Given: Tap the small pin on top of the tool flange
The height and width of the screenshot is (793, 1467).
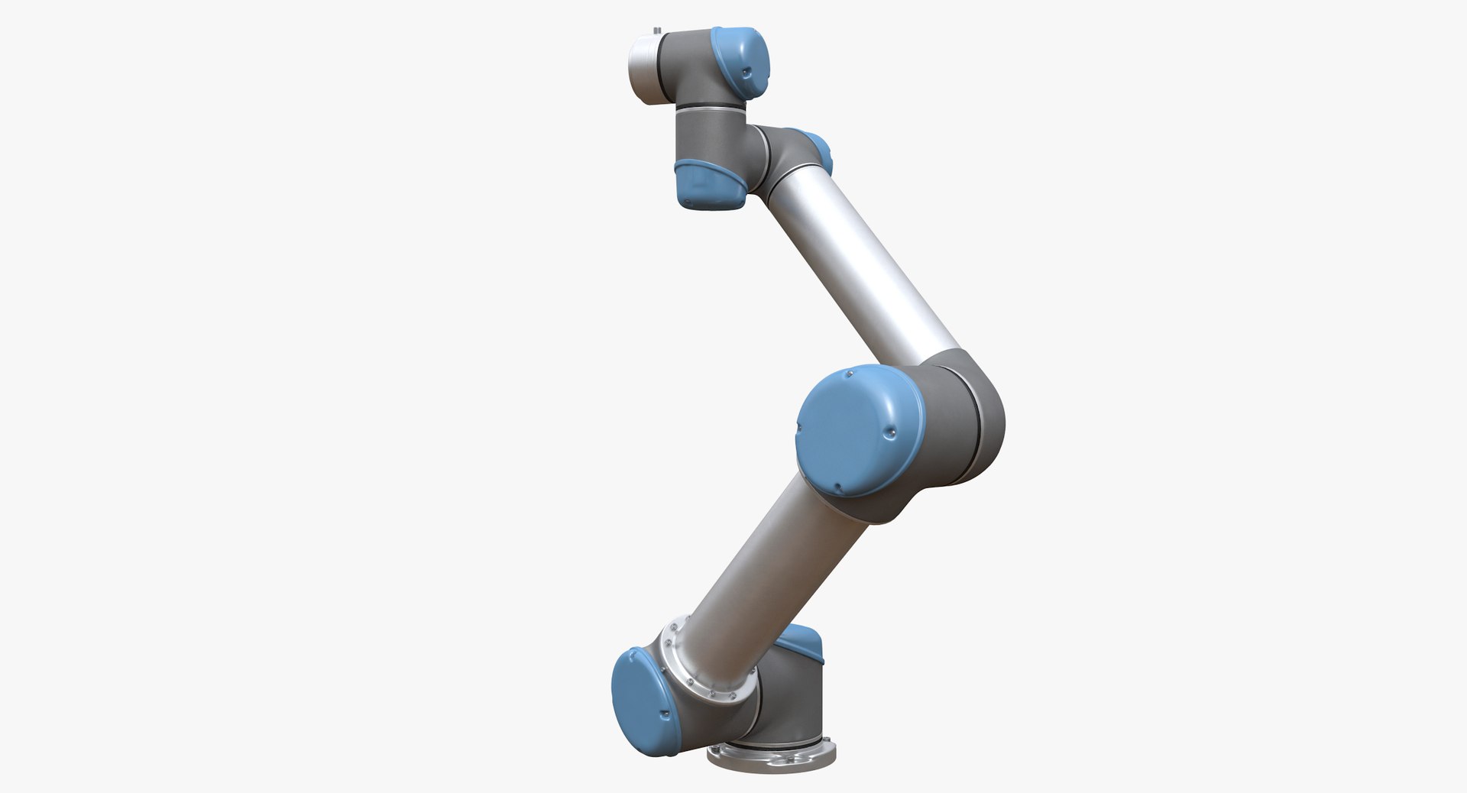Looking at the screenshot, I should point(656,31).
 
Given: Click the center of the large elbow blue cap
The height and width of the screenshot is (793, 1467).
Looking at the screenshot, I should point(857,432).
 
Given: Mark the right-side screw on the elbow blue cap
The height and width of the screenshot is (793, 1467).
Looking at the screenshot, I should point(889,434).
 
